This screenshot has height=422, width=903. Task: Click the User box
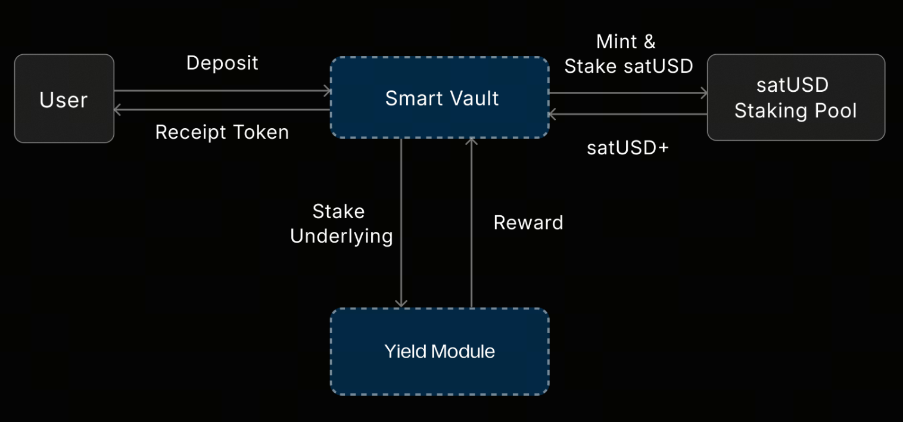[x=64, y=99]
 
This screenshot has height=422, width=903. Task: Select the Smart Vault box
[x=440, y=98]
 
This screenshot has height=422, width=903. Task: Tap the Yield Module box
[x=440, y=351]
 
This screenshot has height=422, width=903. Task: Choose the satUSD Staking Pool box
[x=796, y=98]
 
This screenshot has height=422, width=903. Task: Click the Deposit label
[x=222, y=63]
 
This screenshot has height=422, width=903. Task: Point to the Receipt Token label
[x=222, y=132]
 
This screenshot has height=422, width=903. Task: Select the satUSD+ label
[x=628, y=147]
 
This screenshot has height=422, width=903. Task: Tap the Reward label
[x=528, y=222]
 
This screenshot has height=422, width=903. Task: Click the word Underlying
[x=341, y=236]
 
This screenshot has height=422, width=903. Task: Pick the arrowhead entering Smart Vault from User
[x=327, y=91]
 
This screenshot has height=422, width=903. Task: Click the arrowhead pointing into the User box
[x=117, y=110]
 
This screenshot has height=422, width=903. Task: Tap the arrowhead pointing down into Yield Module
[x=401, y=303]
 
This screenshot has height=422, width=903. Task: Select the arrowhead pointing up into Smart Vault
[x=472, y=142]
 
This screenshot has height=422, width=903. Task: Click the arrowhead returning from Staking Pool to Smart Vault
[x=553, y=114]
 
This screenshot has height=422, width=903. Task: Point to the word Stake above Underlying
[x=338, y=212]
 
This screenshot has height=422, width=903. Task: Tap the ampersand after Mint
[x=649, y=42]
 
